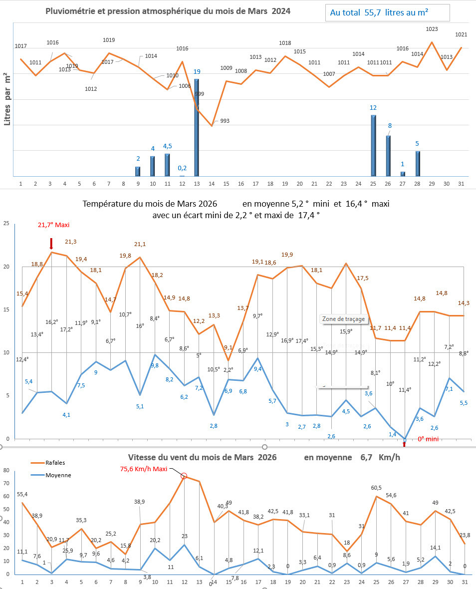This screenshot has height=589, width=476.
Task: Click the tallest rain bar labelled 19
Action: click(196, 127)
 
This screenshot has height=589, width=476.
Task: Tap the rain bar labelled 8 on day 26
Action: click(388, 156)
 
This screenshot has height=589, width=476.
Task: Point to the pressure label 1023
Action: click(432, 29)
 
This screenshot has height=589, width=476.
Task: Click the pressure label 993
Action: click(225, 121)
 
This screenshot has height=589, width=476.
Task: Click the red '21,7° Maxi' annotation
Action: click(54, 225)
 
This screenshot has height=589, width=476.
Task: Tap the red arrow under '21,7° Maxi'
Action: click(51, 244)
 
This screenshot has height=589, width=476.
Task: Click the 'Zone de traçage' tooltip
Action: click(343, 319)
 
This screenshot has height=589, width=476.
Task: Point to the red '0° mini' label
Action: click(428, 439)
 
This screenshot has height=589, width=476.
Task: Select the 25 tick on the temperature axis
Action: click(6, 224)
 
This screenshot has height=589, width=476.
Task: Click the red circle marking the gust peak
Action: click(184, 476)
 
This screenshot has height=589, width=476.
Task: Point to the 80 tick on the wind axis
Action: click(6, 470)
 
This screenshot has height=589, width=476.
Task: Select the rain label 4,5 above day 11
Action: click(168, 146)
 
